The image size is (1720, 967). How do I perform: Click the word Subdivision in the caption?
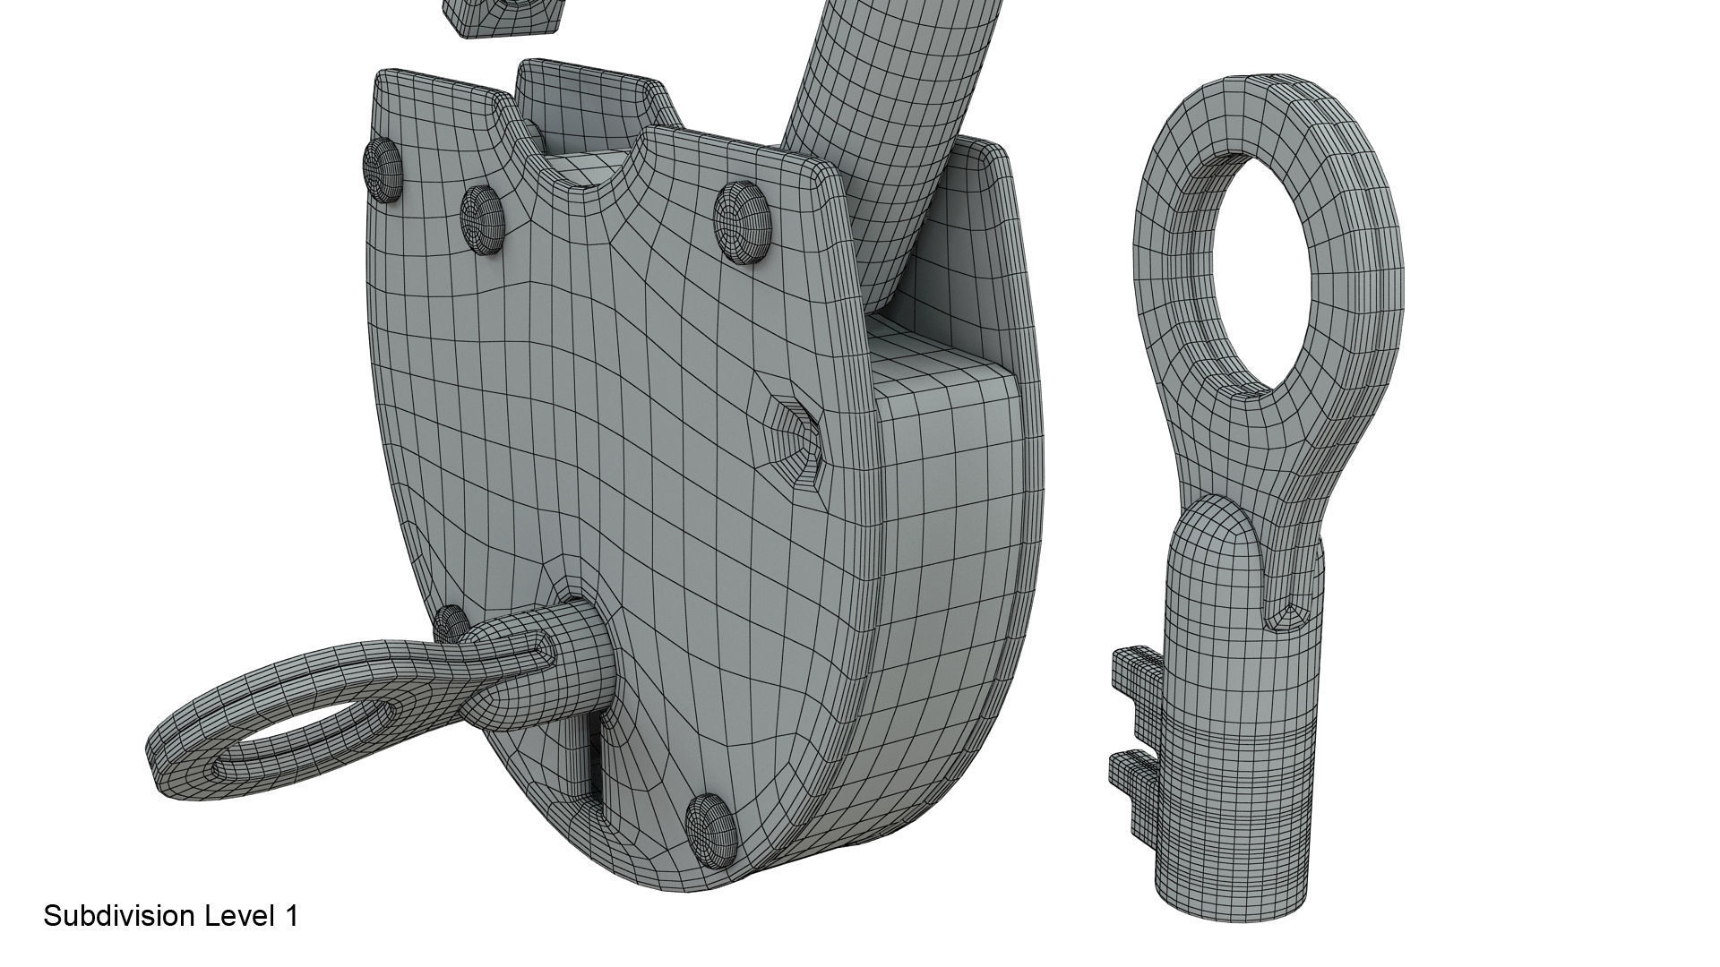tap(119, 916)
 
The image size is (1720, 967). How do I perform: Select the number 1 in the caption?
tap(290, 916)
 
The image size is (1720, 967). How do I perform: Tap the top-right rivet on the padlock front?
tap(743, 221)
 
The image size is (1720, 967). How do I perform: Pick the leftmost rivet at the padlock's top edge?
tap(382, 168)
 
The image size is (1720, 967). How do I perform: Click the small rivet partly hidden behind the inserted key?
tap(450, 621)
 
